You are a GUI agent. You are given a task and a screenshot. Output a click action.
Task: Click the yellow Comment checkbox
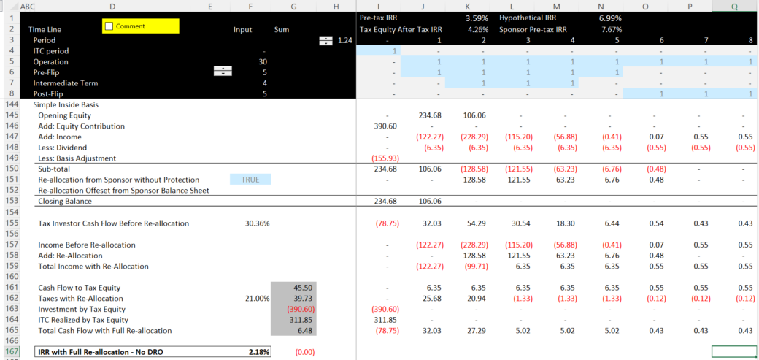point(109,26)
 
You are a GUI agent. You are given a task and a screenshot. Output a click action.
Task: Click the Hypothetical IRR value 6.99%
point(610,17)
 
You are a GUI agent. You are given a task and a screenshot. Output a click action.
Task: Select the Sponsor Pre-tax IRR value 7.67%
point(610,29)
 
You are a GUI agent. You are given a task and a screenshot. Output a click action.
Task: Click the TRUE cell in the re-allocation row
point(250,180)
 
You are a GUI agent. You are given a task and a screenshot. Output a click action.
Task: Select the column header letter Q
point(733,7)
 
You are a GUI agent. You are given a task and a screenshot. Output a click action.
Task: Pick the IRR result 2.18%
point(258,351)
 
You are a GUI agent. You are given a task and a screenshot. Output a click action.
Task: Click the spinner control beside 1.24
point(325,40)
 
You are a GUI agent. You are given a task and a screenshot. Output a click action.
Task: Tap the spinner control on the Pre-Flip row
point(223,72)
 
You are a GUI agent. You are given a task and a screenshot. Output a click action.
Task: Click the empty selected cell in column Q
point(733,351)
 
